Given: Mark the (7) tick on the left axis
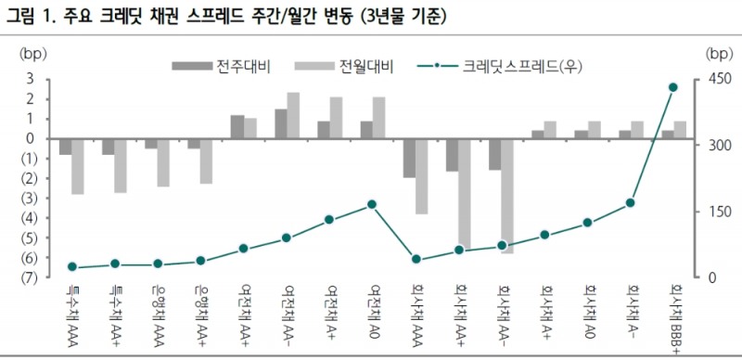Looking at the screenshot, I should [x=27, y=277].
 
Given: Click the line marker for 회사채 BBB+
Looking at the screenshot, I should [x=673, y=87].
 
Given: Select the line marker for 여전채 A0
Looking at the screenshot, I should [x=372, y=204].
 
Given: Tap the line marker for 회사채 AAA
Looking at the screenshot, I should [x=416, y=260].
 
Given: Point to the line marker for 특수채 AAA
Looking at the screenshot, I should [x=72, y=267].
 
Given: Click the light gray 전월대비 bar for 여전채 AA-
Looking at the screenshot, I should [x=293, y=115].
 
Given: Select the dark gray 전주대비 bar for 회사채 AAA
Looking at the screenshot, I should [x=409, y=158].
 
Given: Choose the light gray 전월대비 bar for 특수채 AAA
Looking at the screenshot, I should [x=78, y=166].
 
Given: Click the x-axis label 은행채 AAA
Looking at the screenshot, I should [x=159, y=316].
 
